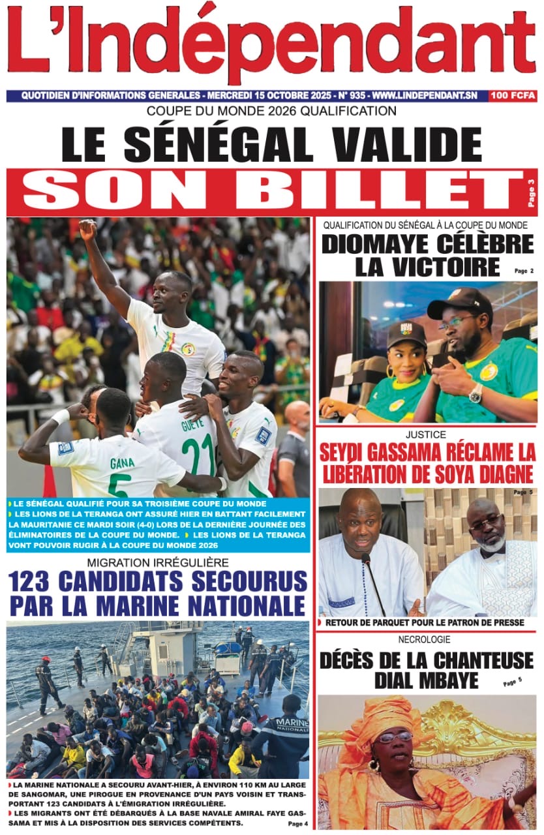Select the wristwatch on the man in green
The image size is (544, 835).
pos(476,393)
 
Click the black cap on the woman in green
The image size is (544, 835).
pos(406,334)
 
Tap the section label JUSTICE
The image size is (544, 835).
pos(425,434)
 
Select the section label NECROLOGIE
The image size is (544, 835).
pos(424,640)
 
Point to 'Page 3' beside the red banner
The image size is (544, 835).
pos(531,192)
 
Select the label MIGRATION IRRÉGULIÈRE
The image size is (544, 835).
pos(157,562)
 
